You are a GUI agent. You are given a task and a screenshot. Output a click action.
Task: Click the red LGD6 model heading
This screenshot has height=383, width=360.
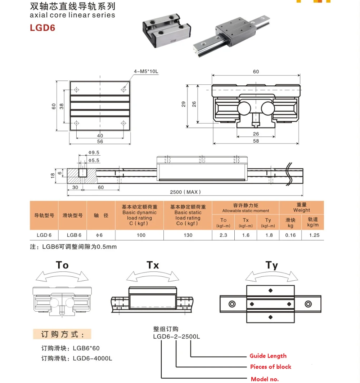pyautogui.click(x=42, y=27)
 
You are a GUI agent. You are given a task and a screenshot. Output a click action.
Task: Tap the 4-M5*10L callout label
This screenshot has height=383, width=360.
pyautogui.click(x=146, y=71)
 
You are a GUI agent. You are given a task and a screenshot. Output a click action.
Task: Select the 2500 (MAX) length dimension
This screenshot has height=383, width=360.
pyautogui.click(x=185, y=192)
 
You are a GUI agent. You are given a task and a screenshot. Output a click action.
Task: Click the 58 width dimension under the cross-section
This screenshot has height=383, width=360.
pyautogui.click(x=256, y=141)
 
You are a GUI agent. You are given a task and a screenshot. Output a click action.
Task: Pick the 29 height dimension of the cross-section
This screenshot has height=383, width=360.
pyautogui.click(x=183, y=104)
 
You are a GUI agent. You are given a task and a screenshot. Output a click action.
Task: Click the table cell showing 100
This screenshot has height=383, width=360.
pyautogui.click(x=141, y=235)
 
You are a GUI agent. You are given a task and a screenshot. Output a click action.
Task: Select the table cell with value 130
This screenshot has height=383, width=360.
pyautogui.click(x=188, y=235)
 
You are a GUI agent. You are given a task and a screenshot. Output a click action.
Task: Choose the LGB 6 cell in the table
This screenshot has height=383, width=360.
pyautogui.click(x=74, y=235)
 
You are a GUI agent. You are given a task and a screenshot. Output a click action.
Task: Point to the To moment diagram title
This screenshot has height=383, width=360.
pyautogui.click(x=62, y=265)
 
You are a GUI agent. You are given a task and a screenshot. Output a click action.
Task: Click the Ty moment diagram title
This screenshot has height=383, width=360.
pyautogui.click(x=272, y=266)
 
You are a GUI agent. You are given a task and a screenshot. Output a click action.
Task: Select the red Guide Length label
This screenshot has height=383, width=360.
pyautogui.click(x=268, y=356)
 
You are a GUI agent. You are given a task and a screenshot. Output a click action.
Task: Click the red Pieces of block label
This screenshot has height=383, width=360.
pyautogui.click(x=270, y=367)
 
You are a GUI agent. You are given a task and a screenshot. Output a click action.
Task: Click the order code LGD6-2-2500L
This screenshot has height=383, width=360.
pyautogui.click(x=176, y=337)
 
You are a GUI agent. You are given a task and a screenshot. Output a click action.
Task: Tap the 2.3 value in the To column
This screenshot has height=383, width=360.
pyautogui.click(x=223, y=235)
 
